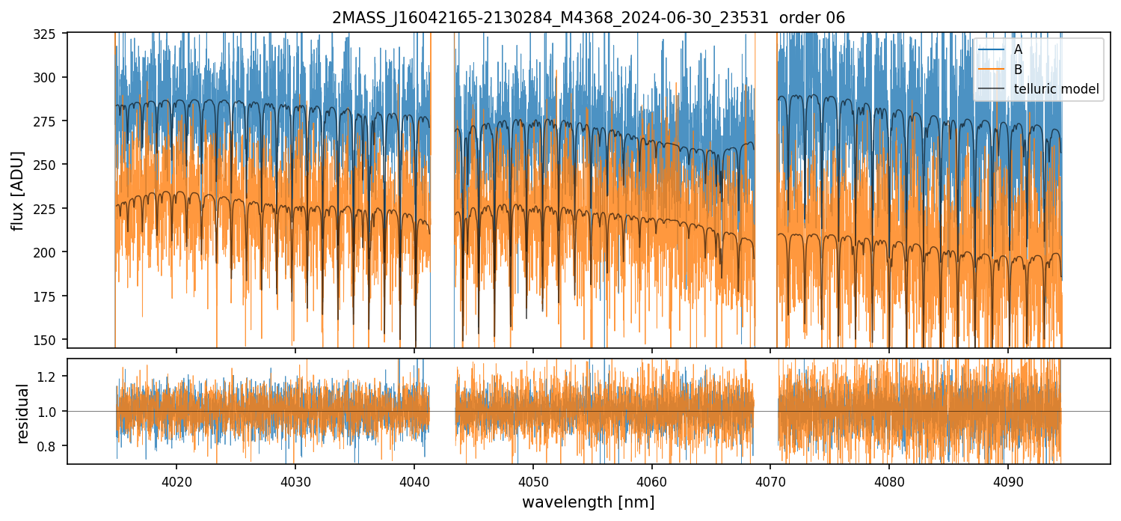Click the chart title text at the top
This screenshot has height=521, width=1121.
tap(589, 18)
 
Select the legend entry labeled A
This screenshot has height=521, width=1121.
tap(1018, 49)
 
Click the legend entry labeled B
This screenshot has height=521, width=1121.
tap(1018, 70)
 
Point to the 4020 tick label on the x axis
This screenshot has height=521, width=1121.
tap(176, 478)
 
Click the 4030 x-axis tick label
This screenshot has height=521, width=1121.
tap(295, 478)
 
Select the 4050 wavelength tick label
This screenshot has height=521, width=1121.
tap(532, 478)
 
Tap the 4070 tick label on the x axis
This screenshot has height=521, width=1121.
tap(770, 478)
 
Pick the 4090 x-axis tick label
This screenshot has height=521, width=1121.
tap(1008, 478)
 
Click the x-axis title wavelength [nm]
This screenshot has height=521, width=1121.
tap(588, 502)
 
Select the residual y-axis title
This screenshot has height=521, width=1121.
tap(22, 412)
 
